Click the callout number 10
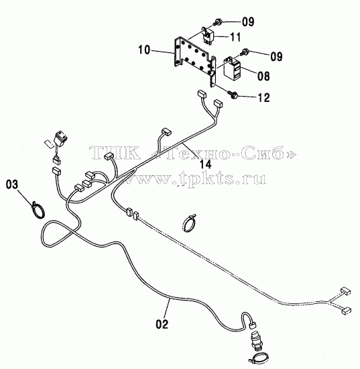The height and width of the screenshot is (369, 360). click(144, 50)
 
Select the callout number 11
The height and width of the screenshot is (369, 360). click(235, 37)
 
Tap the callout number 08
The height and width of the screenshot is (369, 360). click(263, 76)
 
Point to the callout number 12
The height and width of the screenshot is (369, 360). click(264, 97)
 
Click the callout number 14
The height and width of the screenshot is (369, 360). click(206, 164)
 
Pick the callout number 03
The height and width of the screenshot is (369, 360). click(12, 184)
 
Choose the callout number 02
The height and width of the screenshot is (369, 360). click(162, 324)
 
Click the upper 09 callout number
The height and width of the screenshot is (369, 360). click(248, 21)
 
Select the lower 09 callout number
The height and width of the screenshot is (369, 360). click(276, 56)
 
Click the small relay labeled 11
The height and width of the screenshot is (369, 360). click(208, 36)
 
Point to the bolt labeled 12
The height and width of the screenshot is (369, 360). click(233, 95)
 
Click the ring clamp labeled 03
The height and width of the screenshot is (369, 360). click(38, 210)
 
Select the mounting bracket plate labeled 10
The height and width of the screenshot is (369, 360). click(194, 61)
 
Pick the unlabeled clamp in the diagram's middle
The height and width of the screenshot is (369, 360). click(188, 223)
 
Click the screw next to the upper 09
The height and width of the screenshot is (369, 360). click(218, 23)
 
